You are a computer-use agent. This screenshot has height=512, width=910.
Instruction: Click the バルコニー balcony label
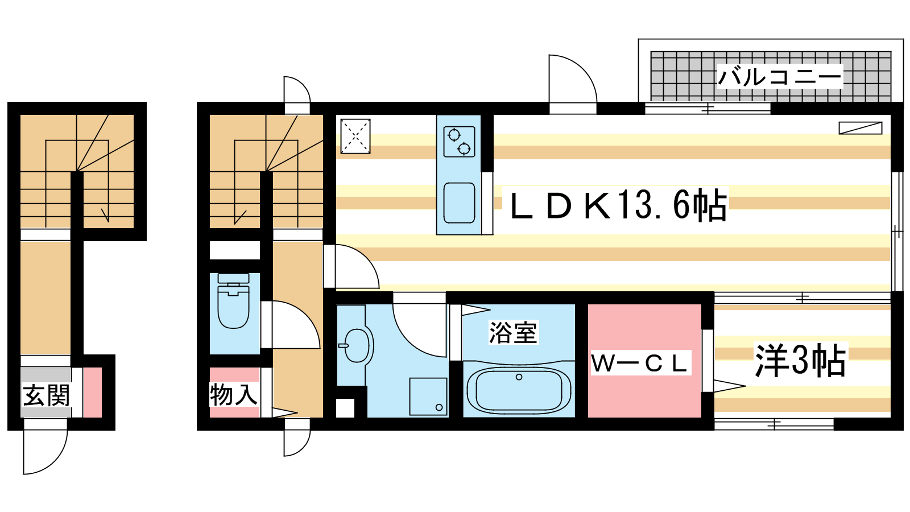[x=779, y=76]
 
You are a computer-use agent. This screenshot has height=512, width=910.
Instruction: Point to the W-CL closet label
[x=640, y=364]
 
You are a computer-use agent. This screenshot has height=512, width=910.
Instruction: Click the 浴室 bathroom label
[x=513, y=332]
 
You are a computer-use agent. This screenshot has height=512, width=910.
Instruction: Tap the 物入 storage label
[x=233, y=394]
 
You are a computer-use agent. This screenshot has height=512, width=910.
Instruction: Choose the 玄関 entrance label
[x=46, y=395]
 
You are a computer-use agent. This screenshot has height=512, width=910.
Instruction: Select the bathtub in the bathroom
[x=519, y=390]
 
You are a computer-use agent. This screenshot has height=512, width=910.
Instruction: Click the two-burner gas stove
[x=459, y=141]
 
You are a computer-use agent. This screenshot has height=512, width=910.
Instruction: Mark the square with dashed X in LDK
[x=355, y=136]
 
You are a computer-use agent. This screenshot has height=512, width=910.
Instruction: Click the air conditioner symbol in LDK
[x=860, y=128]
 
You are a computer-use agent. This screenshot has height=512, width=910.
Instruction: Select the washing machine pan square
[x=428, y=397]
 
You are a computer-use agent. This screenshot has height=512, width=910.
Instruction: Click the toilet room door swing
[x=293, y=325]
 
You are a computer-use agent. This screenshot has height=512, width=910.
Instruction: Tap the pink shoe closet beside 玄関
[x=93, y=393]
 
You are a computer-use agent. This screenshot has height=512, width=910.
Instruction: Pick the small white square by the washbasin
[x=345, y=408]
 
